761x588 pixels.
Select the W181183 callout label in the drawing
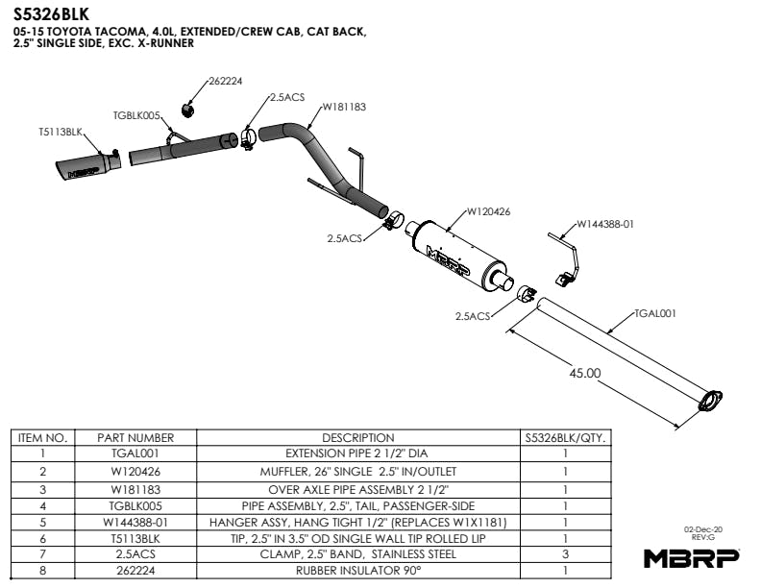pos(343,107)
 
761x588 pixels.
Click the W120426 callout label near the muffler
pos(488,211)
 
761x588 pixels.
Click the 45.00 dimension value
pos(586,372)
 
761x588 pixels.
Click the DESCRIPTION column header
pos(357,437)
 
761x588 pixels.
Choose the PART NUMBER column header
pos(135,437)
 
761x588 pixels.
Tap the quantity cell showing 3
pos(564,553)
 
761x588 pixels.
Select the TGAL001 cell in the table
pos(135,453)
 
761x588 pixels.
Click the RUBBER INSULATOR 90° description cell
pos(357,570)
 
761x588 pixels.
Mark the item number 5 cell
pos(42,521)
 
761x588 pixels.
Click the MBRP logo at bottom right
pos(690,556)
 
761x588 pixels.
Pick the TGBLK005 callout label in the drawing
pos(137,114)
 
